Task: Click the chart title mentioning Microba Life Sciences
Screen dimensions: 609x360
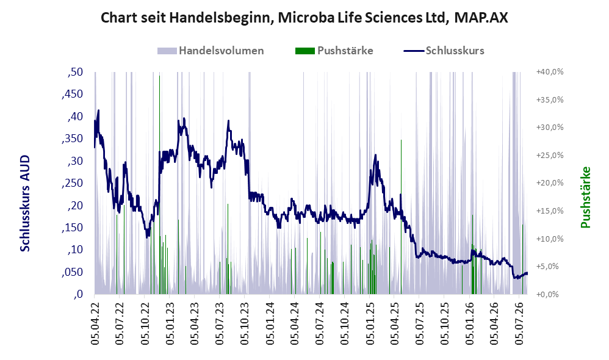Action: pos(304,18)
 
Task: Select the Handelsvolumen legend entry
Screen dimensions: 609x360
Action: pos(211,51)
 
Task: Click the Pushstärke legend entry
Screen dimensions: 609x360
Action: pos(334,51)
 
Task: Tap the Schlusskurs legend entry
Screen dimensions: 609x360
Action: pos(444,51)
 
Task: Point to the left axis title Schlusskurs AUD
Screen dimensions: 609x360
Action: pos(25,203)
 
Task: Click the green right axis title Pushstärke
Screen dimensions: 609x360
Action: pos(585,197)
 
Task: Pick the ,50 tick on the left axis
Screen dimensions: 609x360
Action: pos(75,72)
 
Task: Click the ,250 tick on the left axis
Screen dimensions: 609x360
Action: pos(72,183)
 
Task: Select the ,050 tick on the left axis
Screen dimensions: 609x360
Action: pos(72,272)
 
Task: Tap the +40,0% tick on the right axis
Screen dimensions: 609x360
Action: pos(550,72)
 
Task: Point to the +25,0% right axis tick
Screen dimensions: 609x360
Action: pos(550,156)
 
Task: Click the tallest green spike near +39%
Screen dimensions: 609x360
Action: pos(160,184)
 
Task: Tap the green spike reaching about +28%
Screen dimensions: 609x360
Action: pos(401,217)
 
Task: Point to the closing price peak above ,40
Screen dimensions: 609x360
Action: pos(98,110)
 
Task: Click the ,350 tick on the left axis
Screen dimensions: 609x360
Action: pos(72,139)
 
